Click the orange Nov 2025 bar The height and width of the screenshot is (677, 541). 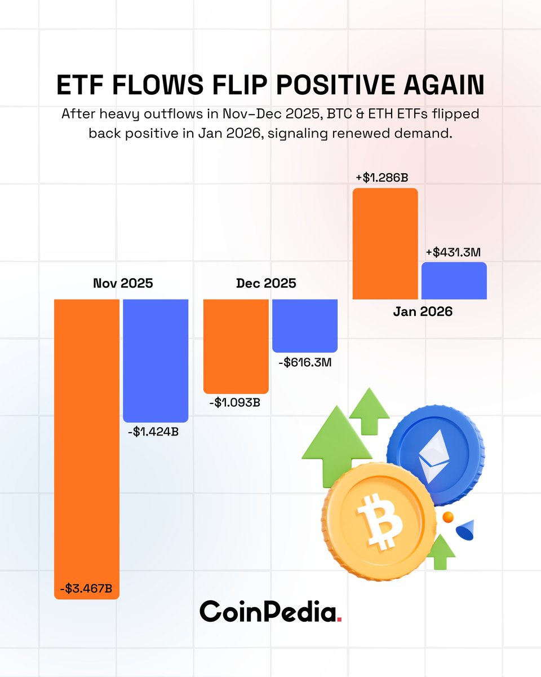point(87,440)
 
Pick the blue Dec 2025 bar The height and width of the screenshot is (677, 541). point(304,325)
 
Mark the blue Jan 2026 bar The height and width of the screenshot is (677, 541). point(454,280)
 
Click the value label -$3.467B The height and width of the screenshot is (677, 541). point(86,589)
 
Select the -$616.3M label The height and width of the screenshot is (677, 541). point(304,362)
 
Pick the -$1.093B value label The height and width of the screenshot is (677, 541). point(236,403)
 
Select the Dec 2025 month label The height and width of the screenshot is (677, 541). point(266,283)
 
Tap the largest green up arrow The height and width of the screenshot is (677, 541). point(336,440)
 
